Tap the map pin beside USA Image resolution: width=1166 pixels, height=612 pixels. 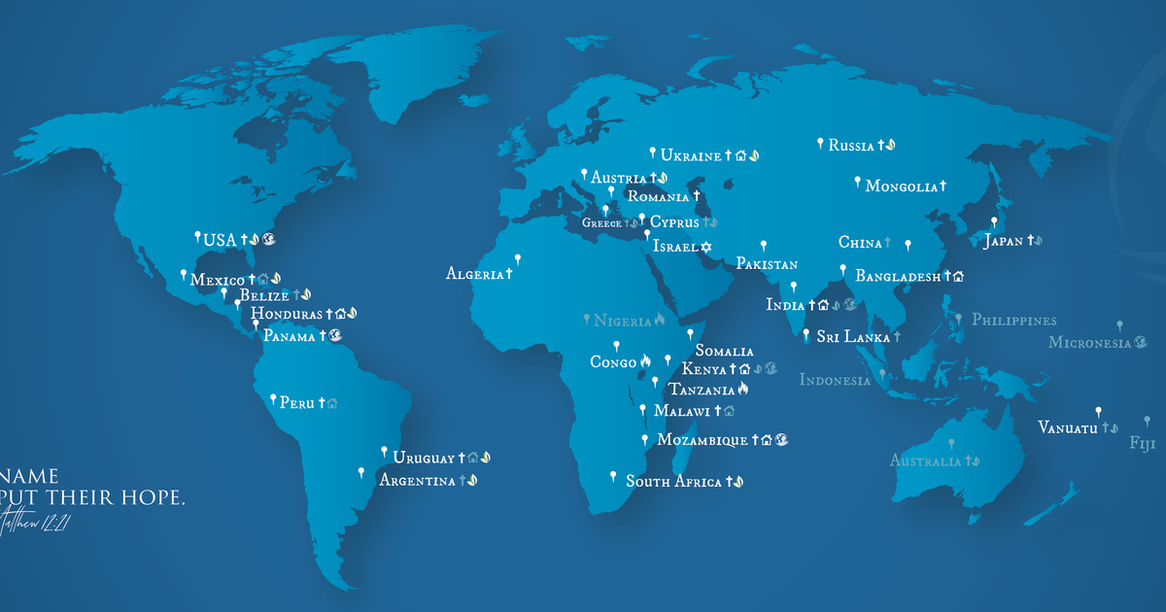[x=198, y=236]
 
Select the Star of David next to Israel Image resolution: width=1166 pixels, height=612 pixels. [x=706, y=247]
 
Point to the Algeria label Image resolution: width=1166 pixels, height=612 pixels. [x=474, y=274]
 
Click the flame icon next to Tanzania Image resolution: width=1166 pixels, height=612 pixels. [x=743, y=390]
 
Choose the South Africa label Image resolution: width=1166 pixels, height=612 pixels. [x=673, y=481]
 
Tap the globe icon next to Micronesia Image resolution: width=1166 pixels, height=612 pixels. [x=1141, y=342]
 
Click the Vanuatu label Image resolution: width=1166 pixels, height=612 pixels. [x=1067, y=427]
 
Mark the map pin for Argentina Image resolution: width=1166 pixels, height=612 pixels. [x=361, y=472]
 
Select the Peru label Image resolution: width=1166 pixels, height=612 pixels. [x=296, y=402]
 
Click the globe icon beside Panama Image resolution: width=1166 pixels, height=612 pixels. [x=335, y=336]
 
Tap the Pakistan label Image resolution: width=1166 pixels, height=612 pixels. [x=767, y=264]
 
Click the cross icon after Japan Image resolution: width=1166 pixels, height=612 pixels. [x=1029, y=241]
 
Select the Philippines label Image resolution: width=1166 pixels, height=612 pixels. [x=1013, y=320]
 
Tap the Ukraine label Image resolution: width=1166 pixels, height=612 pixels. [x=690, y=155]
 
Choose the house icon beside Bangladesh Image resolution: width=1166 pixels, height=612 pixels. [x=958, y=277]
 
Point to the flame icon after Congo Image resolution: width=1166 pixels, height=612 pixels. [x=644, y=362]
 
